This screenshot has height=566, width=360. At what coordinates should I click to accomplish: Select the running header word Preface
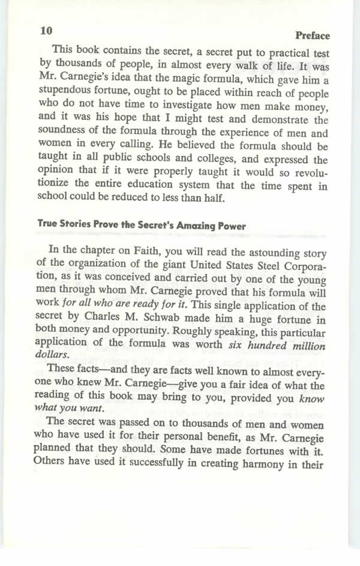pos(313,35)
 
